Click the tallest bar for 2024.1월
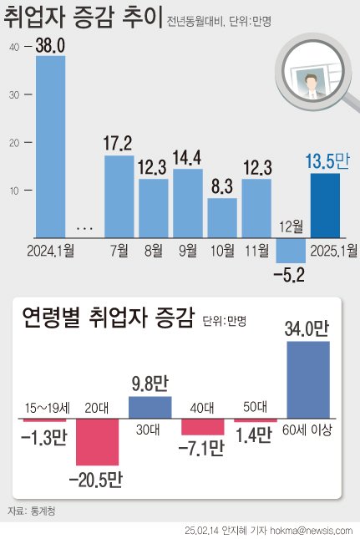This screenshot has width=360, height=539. [x=50, y=147]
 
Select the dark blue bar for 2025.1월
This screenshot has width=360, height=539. [x=325, y=206]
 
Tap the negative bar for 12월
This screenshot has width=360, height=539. [x=291, y=251]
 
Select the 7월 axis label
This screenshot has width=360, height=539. [x=119, y=250]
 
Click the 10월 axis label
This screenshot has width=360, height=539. [x=221, y=250]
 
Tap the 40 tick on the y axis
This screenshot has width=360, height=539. [x=14, y=48]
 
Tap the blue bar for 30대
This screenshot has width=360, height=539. [x=150, y=407]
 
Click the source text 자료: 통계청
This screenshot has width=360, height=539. [x=29, y=509]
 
